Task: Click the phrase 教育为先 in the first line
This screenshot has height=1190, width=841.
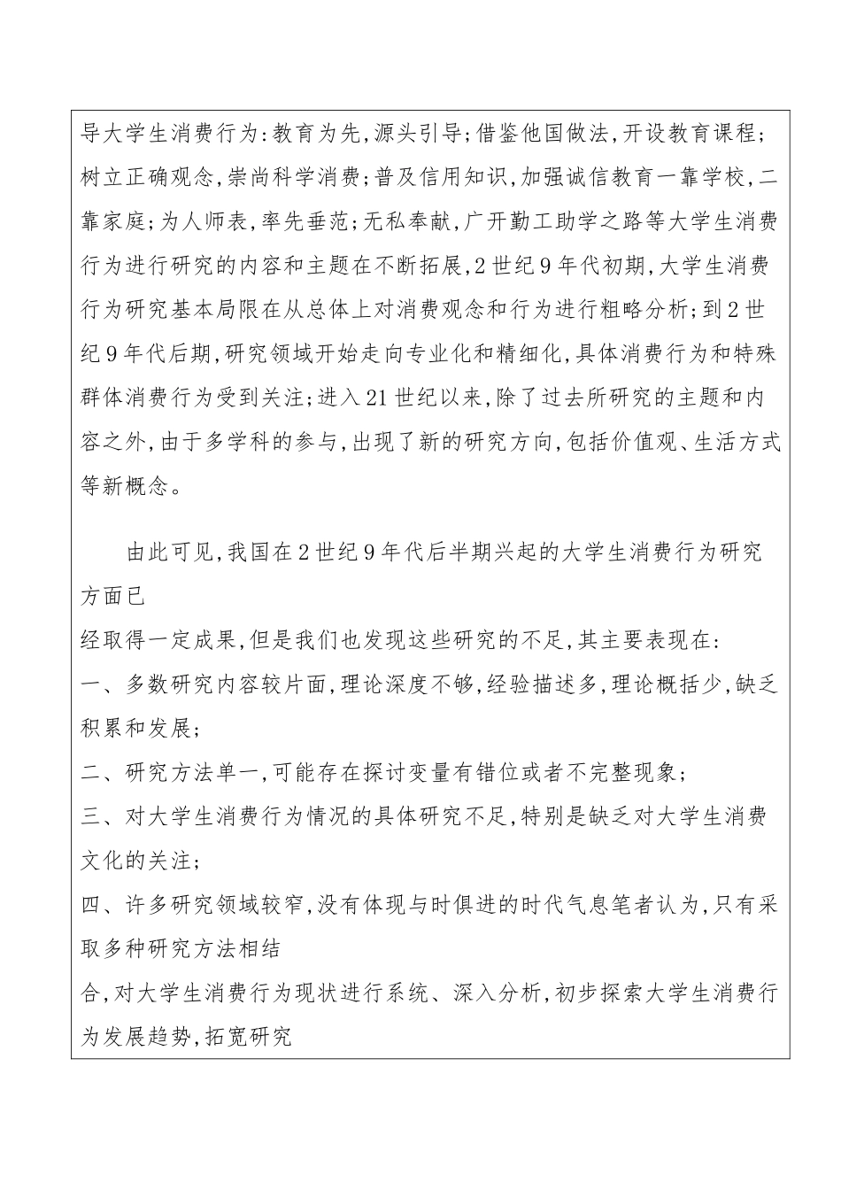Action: pyautogui.click(x=314, y=135)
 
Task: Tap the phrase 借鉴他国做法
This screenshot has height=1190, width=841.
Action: pyautogui.click(x=543, y=135)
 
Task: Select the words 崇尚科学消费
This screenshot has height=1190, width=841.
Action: pyautogui.click(x=293, y=177)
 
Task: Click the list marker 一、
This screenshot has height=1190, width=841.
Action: pyautogui.click(x=96, y=685)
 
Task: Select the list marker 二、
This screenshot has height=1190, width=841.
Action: pyautogui.click(x=96, y=773)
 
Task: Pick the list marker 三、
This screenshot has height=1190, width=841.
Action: pyautogui.click(x=96, y=817)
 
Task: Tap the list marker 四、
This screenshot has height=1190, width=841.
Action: pyautogui.click(x=96, y=905)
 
